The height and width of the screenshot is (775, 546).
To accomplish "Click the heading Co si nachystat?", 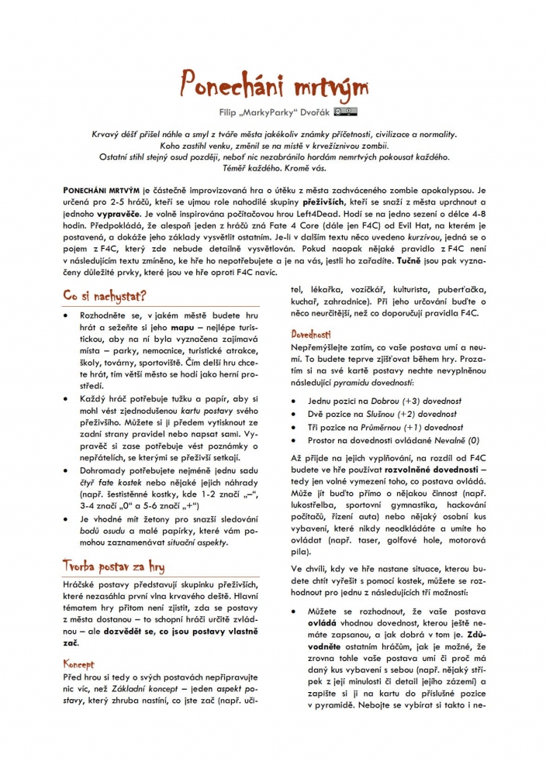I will (x=105, y=295).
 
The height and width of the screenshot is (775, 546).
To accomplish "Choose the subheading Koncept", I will (x=78, y=663).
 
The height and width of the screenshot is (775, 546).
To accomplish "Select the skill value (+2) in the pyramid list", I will (x=412, y=414).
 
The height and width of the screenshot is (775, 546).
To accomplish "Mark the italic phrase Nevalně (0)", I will (x=457, y=439).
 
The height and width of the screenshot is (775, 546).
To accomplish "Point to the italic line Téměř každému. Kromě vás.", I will (x=272, y=166).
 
